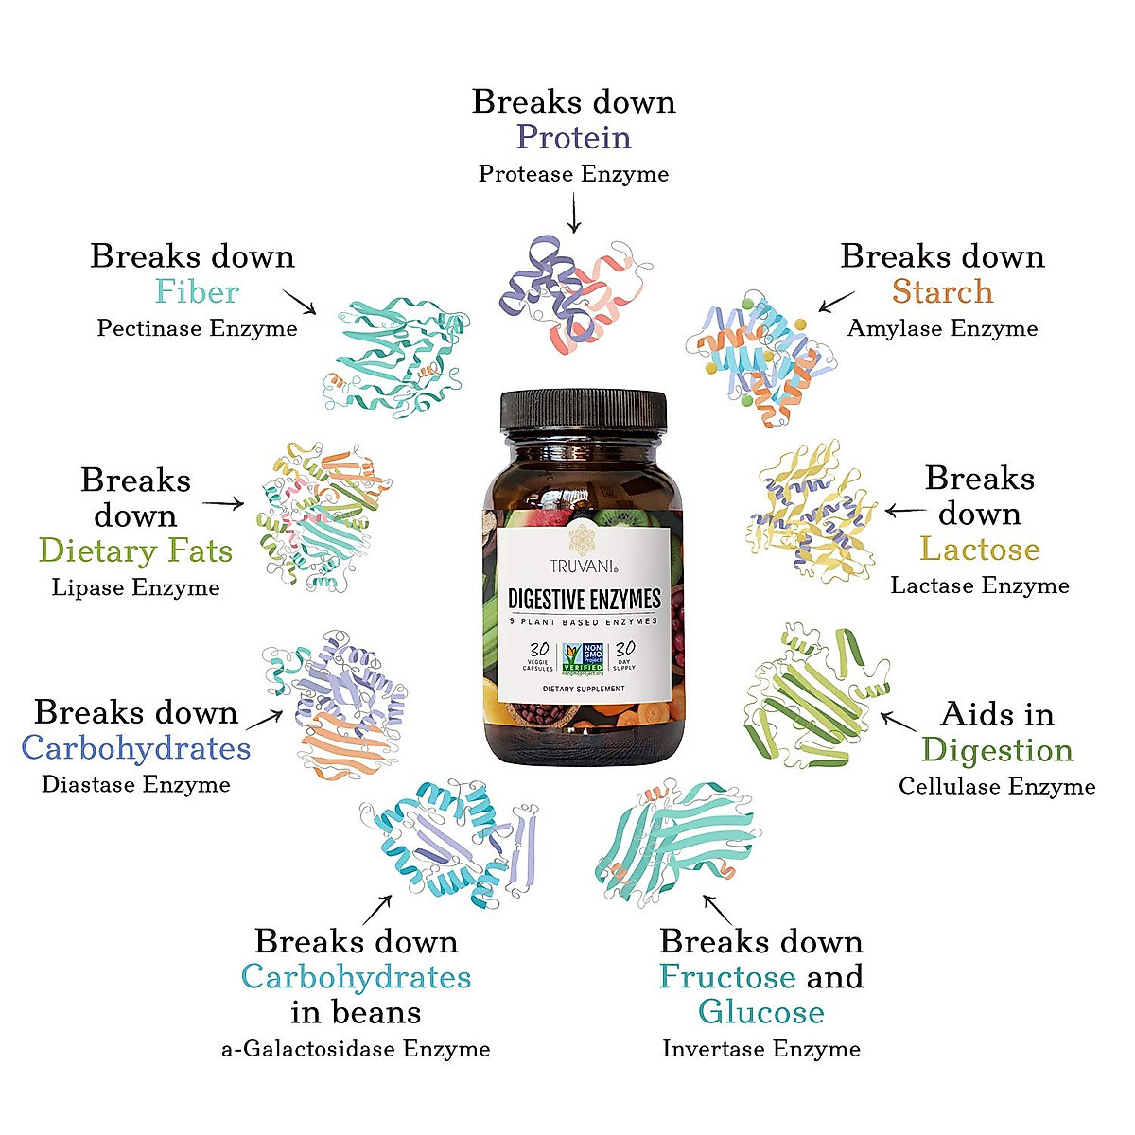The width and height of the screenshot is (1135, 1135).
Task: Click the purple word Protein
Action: point(573,137)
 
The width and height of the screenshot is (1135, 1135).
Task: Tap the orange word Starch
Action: point(942,291)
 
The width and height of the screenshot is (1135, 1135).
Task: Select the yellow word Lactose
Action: point(980,549)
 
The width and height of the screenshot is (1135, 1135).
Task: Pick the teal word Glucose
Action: point(760,1012)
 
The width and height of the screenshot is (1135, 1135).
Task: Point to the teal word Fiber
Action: point(197,291)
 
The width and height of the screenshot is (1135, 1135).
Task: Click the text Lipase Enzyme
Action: point(135,587)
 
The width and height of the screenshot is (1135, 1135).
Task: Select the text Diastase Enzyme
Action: point(135,784)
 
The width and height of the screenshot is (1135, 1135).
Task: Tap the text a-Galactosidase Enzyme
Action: point(356,1048)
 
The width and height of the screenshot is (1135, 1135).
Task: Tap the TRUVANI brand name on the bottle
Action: point(583,567)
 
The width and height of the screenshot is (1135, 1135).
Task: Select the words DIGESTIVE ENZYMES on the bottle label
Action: point(584,599)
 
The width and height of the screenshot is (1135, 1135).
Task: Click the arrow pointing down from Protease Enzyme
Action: point(573,212)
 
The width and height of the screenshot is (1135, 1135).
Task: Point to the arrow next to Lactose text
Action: point(905,512)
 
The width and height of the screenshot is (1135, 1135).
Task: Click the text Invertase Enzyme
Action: point(760,1048)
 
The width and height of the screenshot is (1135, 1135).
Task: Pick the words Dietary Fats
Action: point(135,550)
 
